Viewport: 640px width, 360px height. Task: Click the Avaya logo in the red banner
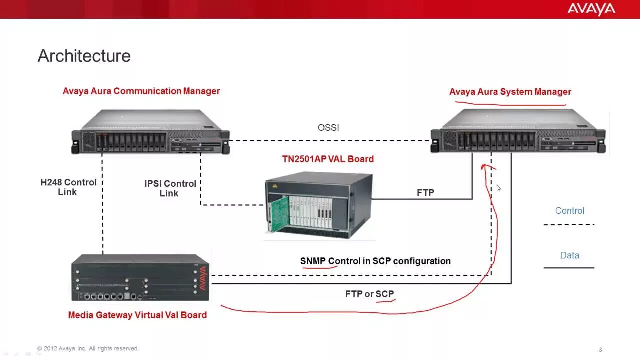pyautogui.click(x=591, y=9)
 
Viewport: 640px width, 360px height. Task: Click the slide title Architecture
pyautogui.click(x=84, y=56)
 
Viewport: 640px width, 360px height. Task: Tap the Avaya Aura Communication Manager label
pyautogui.click(x=141, y=91)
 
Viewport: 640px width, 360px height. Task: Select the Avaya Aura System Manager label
pyautogui.click(x=510, y=92)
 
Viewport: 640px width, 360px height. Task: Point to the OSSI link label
pyautogui.click(x=328, y=128)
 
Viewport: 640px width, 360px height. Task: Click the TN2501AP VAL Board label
pyautogui.click(x=328, y=159)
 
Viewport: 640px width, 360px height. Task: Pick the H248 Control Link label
pyautogui.click(x=68, y=187)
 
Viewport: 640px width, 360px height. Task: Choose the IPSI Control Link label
pyautogui.click(x=170, y=188)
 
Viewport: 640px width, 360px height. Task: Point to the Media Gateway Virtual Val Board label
pyautogui.click(x=137, y=315)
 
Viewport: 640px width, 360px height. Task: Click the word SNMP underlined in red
pyautogui.click(x=313, y=261)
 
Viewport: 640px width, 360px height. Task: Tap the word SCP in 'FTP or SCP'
pyautogui.click(x=385, y=294)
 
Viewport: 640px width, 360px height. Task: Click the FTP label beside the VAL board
pyautogui.click(x=425, y=193)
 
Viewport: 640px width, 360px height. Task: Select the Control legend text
pyautogui.click(x=569, y=211)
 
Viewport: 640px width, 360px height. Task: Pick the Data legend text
pyautogui.click(x=569, y=256)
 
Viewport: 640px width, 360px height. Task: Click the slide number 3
pyautogui.click(x=600, y=350)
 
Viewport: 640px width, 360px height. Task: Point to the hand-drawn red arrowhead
pyautogui.click(x=485, y=167)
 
